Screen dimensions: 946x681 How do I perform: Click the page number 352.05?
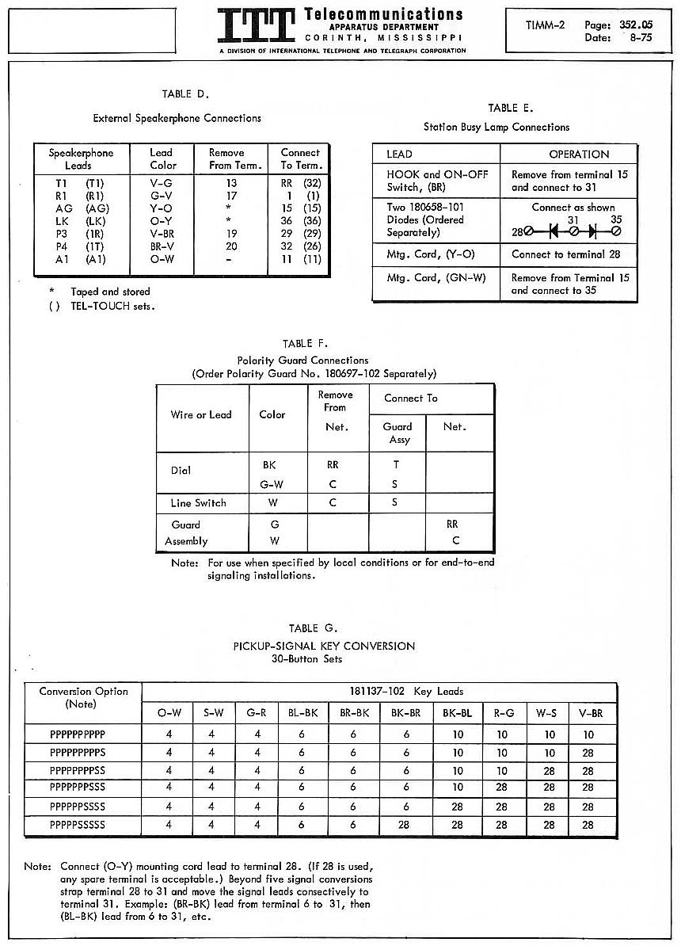[x=637, y=25]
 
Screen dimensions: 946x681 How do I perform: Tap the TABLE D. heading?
[x=185, y=94]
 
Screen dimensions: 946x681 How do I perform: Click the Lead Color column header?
[x=162, y=158]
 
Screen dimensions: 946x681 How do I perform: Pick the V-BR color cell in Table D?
[x=162, y=233]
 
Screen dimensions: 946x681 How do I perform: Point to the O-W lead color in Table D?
[x=162, y=259]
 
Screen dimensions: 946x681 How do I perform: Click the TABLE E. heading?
[x=511, y=109]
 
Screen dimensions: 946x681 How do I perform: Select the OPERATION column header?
[x=579, y=154]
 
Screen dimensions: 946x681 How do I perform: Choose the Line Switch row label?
[x=198, y=503]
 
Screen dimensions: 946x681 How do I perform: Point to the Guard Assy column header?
[x=398, y=433]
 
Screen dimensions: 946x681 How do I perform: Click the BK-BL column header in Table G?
[x=458, y=713]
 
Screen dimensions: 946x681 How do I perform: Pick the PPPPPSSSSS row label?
[x=78, y=826]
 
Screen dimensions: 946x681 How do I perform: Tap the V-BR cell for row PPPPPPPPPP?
[x=588, y=734]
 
